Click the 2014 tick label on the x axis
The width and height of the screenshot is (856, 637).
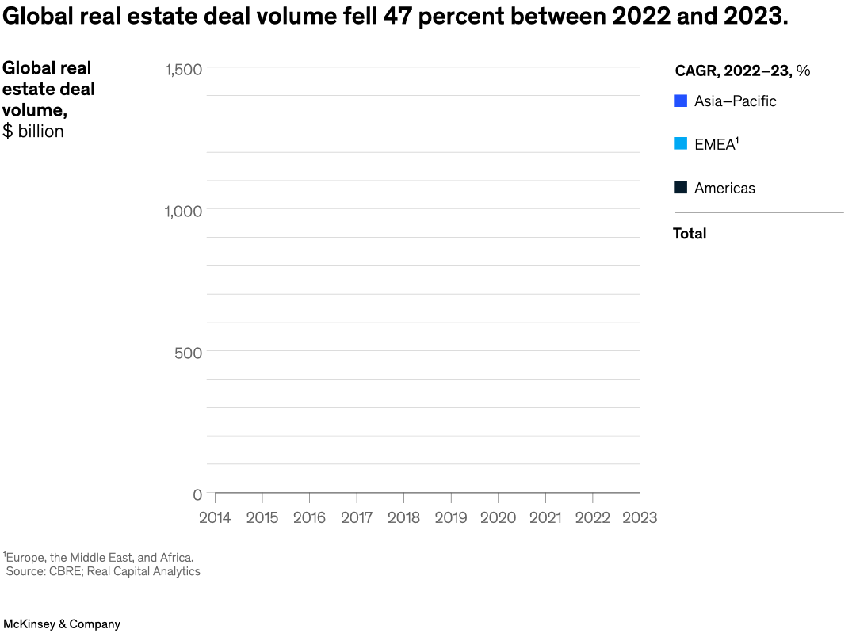coord(215,517)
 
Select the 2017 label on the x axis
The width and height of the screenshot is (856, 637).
coord(357,517)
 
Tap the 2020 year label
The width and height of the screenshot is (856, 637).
coord(498,517)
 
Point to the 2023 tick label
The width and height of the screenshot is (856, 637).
coord(640,517)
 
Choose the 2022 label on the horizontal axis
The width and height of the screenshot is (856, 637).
coord(592,517)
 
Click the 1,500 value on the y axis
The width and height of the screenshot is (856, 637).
coord(184,69)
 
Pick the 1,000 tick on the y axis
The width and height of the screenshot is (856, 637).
coord(184,211)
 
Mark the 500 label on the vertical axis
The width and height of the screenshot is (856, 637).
coord(189,353)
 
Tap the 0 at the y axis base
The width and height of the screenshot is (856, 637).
coord(197,495)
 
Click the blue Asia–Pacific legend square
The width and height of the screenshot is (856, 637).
coord(681,101)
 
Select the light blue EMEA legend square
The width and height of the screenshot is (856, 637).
coord(681,144)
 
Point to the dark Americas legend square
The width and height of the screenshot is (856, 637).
coord(681,188)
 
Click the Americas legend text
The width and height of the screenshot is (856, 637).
coord(724,188)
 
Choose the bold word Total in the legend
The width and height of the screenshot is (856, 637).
coord(690,234)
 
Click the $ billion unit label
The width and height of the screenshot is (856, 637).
coord(33,132)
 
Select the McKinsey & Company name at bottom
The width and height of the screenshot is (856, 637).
coord(62,624)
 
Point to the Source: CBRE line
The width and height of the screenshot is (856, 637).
coord(103,571)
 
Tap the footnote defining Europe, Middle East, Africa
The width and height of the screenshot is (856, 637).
coord(98,558)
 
